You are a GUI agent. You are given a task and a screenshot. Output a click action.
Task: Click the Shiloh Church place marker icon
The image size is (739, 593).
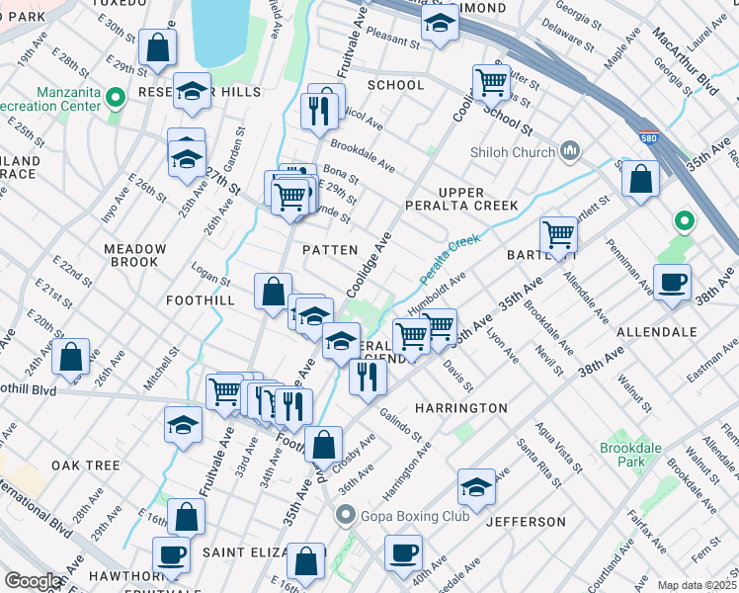tap(569, 151)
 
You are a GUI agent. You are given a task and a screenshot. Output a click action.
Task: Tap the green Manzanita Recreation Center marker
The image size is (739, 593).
tap(116, 97)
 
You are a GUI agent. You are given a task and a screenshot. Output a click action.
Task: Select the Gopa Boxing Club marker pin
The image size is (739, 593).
tap(345, 514)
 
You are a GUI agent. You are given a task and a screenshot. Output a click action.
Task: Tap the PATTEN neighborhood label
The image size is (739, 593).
tap(329, 250)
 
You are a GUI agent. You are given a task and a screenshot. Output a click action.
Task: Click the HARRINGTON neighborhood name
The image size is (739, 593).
tap(460, 407)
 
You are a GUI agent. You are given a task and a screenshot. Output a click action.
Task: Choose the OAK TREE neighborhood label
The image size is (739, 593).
tap(86, 465)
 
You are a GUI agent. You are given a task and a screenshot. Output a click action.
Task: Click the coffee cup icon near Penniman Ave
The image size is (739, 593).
tap(672, 282)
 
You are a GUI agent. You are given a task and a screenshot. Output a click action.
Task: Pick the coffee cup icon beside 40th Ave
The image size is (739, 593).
tap(402, 552)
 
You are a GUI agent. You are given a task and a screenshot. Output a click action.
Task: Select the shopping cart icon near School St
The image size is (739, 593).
tap(491, 83)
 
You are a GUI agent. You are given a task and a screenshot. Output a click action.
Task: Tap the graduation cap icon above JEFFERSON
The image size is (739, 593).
tap(476, 487)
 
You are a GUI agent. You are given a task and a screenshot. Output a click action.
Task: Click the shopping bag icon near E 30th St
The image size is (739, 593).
tap(157, 45)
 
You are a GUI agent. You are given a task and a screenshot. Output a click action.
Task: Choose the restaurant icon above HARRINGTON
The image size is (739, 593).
tap(367, 377)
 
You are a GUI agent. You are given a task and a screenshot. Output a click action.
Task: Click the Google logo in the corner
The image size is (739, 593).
tap(33, 581)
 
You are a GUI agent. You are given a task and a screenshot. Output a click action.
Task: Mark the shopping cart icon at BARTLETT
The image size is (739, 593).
tap(558, 235)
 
